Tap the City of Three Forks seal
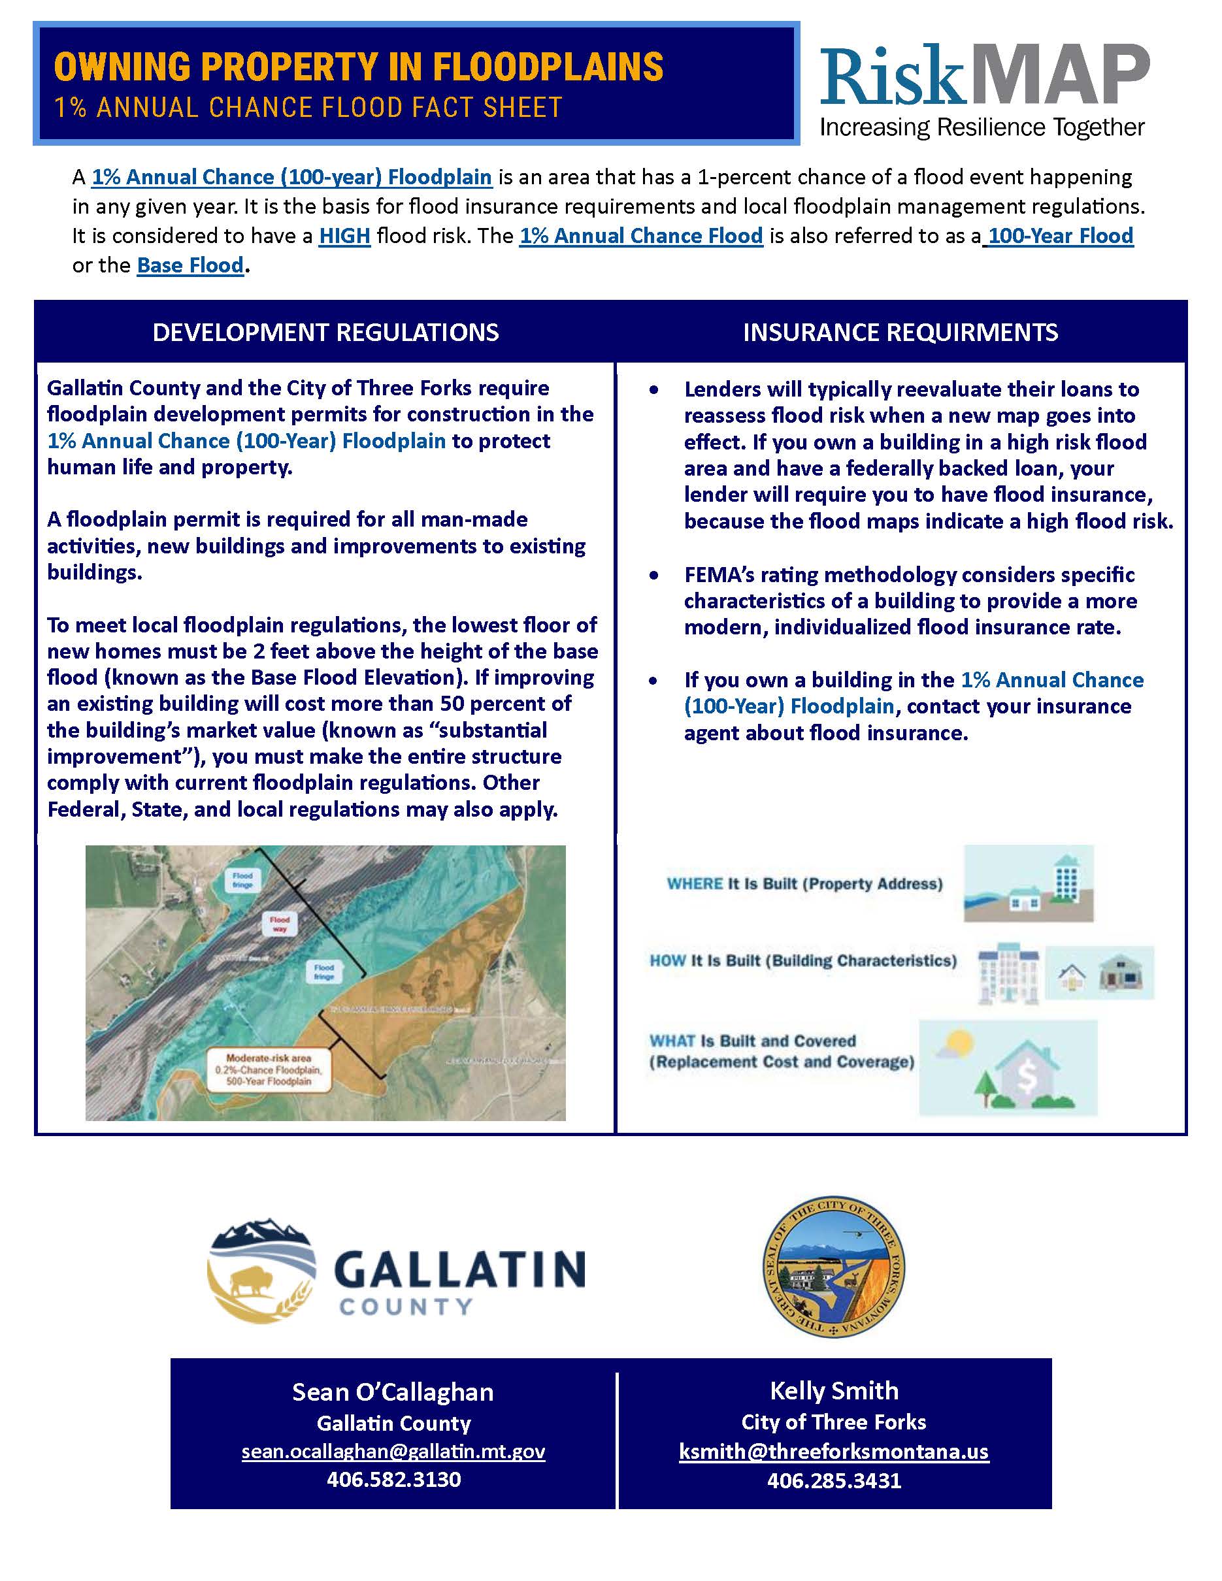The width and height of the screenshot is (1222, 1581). click(834, 1266)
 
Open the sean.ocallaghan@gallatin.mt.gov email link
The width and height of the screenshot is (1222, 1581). click(393, 1451)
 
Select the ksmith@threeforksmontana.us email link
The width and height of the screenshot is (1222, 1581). click(834, 1452)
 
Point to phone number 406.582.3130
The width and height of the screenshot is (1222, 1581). click(393, 1479)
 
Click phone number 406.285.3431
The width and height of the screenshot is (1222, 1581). click(834, 1480)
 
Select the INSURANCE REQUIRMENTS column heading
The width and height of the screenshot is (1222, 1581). click(900, 333)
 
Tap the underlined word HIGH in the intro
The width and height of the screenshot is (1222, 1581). click(344, 236)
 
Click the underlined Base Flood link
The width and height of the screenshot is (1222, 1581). click(190, 266)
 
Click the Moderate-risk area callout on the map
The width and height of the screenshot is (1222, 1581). click(269, 1070)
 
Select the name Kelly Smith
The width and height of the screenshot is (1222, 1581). click(834, 1391)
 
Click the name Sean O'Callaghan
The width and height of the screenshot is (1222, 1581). click(393, 1392)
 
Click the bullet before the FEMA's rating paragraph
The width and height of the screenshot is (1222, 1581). click(654, 576)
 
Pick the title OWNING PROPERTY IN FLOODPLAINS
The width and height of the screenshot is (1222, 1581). click(358, 67)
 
